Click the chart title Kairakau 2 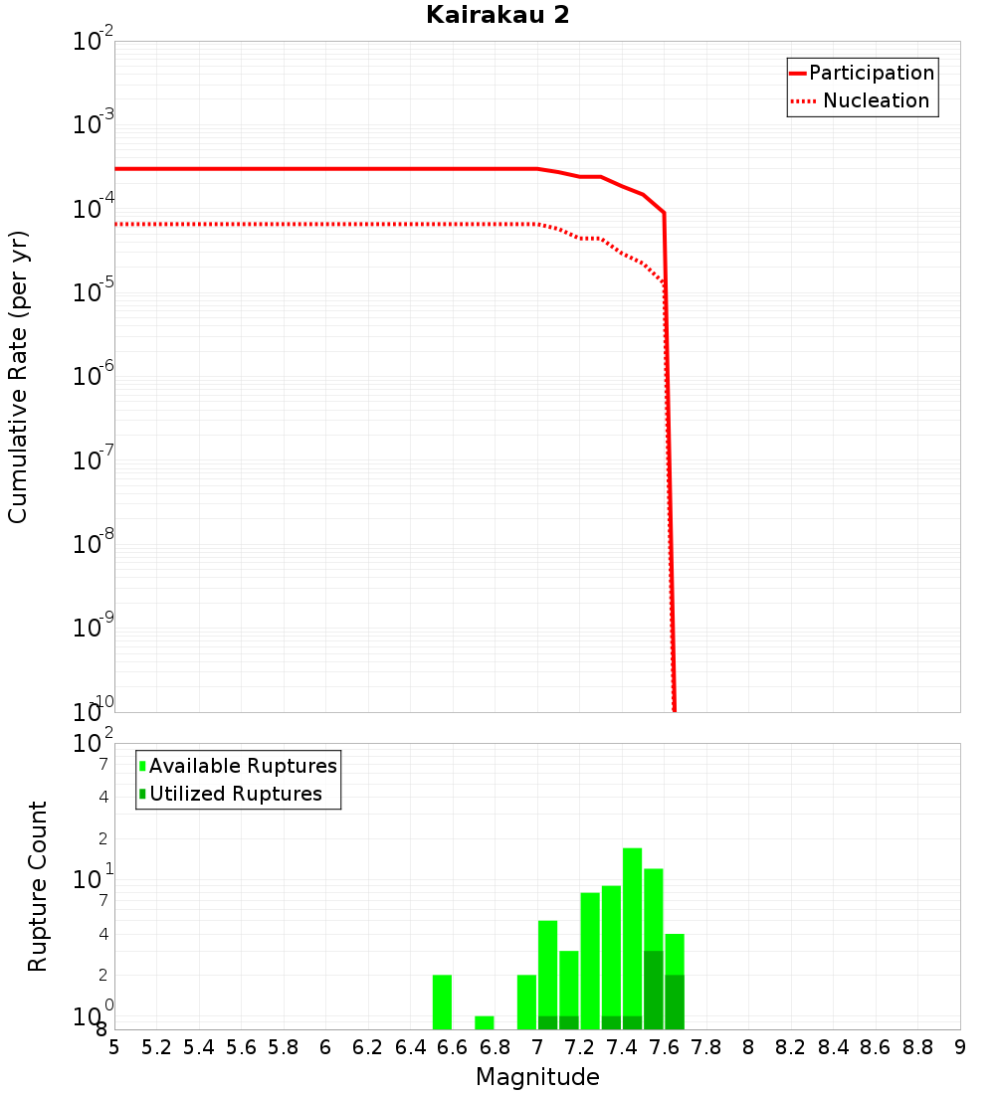point(497,15)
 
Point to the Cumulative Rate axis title point(18,376)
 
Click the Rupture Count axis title point(38,886)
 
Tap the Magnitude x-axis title point(537,1077)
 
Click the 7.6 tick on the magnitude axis point(664,1047)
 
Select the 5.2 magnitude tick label point(156,1047)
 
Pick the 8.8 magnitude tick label point(917,1047)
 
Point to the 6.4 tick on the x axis point(410,1047)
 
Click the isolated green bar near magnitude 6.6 point(442,1002)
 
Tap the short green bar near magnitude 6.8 point(485,1022)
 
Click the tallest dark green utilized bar point(653,990)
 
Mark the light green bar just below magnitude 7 point(526,1002)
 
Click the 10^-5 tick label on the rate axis point(95,292)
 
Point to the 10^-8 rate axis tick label point(95,544)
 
